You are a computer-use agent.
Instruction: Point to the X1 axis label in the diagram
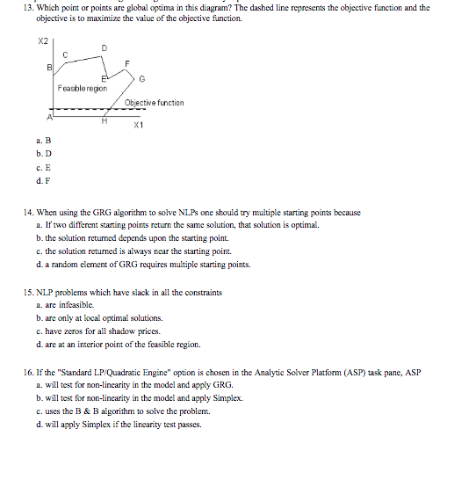[x=139, y=126]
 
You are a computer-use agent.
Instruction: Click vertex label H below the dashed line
[x=105, y=122]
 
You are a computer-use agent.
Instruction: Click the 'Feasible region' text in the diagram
[x=82, y=88]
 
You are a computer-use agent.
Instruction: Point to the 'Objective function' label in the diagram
[x=155, y=103]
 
